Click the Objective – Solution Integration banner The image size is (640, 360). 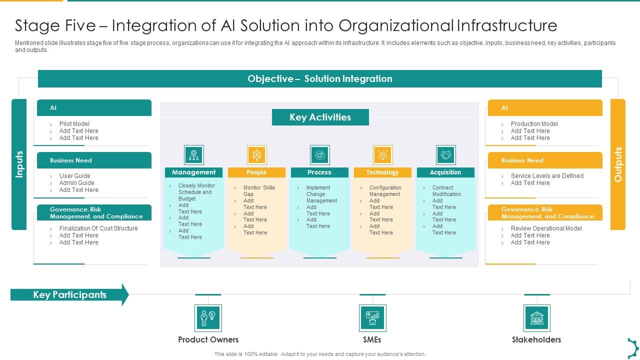click(x=320, y=78)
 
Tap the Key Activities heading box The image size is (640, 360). click(x=320, y=117)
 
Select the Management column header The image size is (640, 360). click(x=193, y=172)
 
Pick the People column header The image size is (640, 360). click(x=256, y=172)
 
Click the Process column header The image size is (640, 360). click(x=319, y=172)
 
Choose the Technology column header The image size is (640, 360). click(x=382, y=172)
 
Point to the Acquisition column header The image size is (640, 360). click(x=445, y=172)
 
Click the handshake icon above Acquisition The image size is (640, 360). click(x=445, y=155)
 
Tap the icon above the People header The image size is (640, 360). click(x=256, y=155)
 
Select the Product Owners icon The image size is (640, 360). click(x=208, y=318)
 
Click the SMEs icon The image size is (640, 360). click(x=372, y=318)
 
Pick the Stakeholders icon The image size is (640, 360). click(x=537, y=318)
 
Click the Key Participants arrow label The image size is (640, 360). click(x=69, y=295)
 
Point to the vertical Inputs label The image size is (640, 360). click(x=19, y=164)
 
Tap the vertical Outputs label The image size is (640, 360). click(x=618, y=164)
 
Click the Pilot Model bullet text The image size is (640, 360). click(x=74, y=124)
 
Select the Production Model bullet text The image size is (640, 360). click(x=534, y=124)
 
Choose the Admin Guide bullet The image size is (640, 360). click(x=76, y=183)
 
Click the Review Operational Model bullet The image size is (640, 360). click(x=546, y=228)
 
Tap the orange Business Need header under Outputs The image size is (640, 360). click(x=545, y=160)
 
